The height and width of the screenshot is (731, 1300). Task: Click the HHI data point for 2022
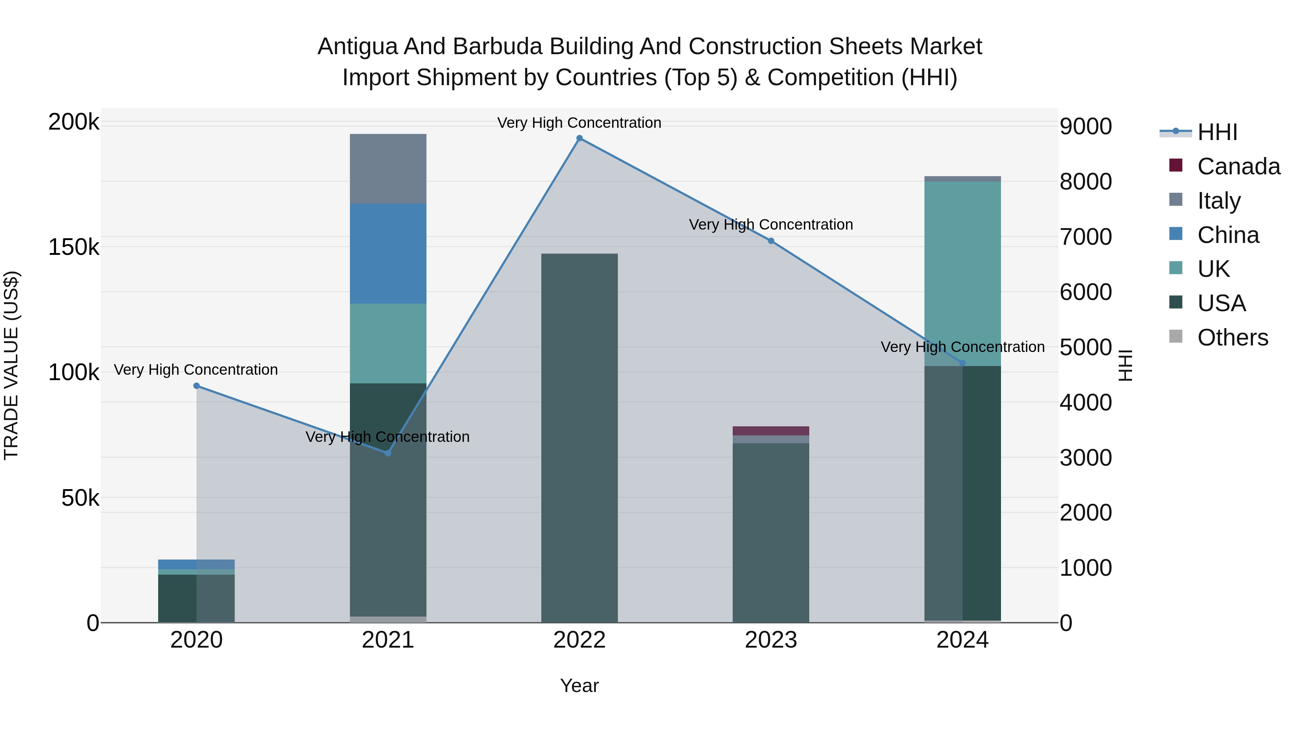coord(579,138)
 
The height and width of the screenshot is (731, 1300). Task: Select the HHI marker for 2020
coord(196,386)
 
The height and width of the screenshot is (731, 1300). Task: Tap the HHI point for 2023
coord(771,241)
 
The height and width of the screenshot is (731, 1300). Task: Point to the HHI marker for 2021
coord(387,453)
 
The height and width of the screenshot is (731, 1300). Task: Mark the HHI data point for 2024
coord(962,363)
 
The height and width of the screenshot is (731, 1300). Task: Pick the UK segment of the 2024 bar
coord(962,273)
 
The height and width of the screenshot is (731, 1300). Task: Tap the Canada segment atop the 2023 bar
coord(771,431)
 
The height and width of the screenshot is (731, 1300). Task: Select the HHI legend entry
coord(1217,132)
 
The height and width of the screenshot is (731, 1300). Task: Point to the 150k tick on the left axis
coord(74,247)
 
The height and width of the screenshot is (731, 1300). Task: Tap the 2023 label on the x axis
coord(771,640)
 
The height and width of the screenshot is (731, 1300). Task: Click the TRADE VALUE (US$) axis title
coord(12,365)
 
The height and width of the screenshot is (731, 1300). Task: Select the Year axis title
coord(579,686)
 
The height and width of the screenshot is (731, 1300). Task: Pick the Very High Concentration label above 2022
coord(579,123)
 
